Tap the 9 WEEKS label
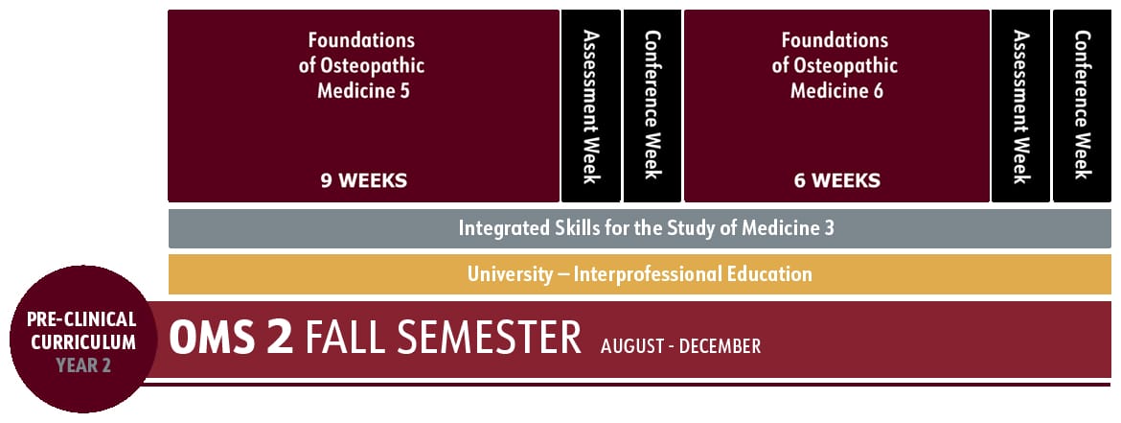[x=363, y=180]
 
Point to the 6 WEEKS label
[x=836, y=180]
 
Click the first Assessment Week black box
[x=590, y=106]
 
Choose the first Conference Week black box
[x=652, y=106]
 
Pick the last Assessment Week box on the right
[x=1020, y=106]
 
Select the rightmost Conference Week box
[x=1082, y=106]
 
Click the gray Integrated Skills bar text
[x=640, y=228]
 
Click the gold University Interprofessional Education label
[x=640, y=274]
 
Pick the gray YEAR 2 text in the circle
[x=83, y=364]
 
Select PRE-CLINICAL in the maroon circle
[x=81, y=319]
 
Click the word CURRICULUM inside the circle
[x=81, y=341]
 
